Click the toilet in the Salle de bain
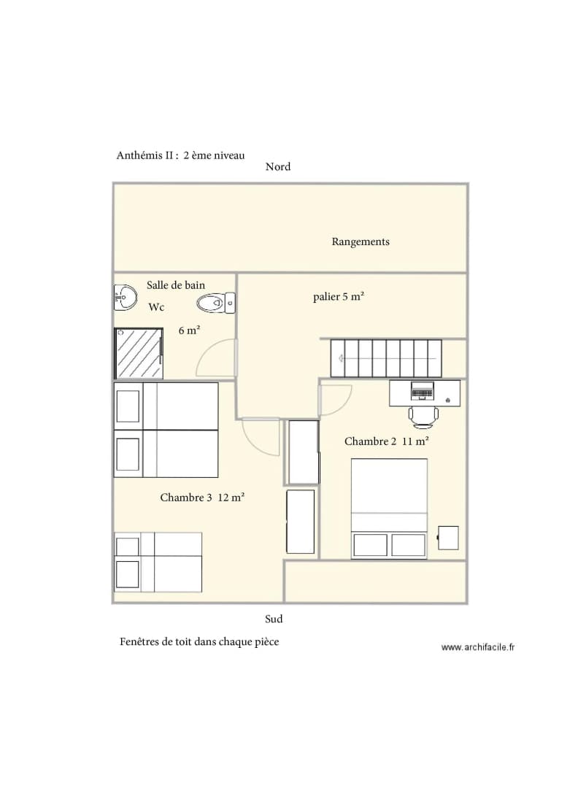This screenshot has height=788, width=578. [215, 303]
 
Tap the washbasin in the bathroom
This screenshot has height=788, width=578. [125, 297]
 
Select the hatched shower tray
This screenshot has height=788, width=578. [139, 353]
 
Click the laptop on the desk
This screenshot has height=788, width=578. [423, 390]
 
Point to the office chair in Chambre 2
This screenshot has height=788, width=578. [423, 417]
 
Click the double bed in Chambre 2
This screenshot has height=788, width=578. [389, 508]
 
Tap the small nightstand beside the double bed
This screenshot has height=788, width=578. [448, 538]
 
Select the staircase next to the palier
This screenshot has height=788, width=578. [386, 358]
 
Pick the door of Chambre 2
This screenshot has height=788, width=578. [335, 401]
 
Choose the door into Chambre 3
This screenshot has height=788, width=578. [261, 437]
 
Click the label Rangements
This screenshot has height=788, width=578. [361, 242]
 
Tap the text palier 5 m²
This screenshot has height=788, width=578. [338, 296]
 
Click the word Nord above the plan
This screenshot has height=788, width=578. [278, 167]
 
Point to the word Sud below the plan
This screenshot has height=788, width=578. [274, 619]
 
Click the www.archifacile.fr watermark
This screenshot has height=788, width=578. [478, 647]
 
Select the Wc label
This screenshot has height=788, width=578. [156, 307]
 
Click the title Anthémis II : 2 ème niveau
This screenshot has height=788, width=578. [180, 155]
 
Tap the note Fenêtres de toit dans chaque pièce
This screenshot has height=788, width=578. [199, 642]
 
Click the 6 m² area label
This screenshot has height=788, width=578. [189, 331]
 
